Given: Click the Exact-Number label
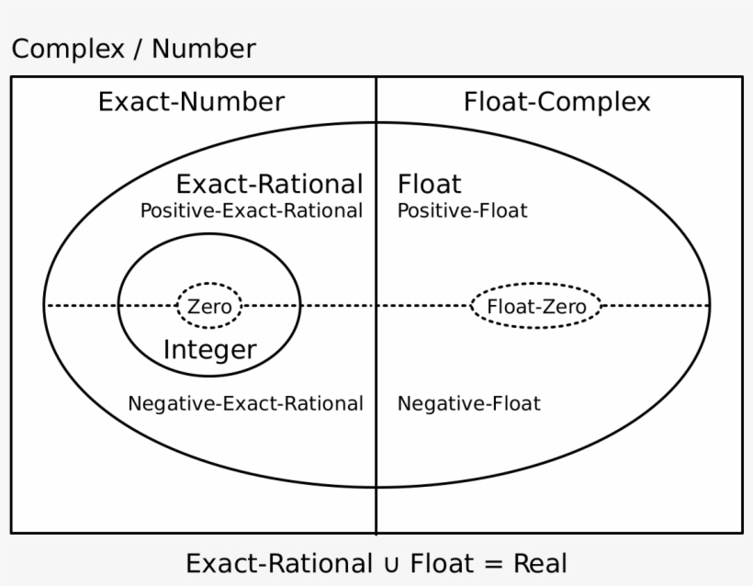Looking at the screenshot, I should click(x=191, y=101).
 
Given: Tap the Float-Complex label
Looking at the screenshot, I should click(x=556, y=101).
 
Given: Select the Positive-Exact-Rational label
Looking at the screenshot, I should click(x=251, y=210).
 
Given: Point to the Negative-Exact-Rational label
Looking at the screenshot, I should click(x=245, y=403).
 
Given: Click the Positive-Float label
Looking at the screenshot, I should click(x=462, y=210).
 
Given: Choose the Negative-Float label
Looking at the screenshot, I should click(x=468, y=403).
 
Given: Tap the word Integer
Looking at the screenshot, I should click(x=209, y=350).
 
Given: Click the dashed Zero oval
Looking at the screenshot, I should click(x=209, y=306).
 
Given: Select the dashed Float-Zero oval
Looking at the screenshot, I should click(x=536, y=306).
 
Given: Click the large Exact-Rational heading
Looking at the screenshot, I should click(x=269, y=184).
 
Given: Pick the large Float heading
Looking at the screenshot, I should click(x=429, y=184).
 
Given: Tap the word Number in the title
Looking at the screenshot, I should click(x=204, y=49).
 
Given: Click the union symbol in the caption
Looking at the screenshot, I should click(x=391, y=563).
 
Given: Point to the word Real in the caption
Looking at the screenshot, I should click(x=540, y=562).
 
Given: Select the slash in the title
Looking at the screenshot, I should click(x=136, y=50).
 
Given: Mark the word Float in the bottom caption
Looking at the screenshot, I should click(x=439, y=562).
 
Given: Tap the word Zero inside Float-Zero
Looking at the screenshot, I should click(x=564, y=306).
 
